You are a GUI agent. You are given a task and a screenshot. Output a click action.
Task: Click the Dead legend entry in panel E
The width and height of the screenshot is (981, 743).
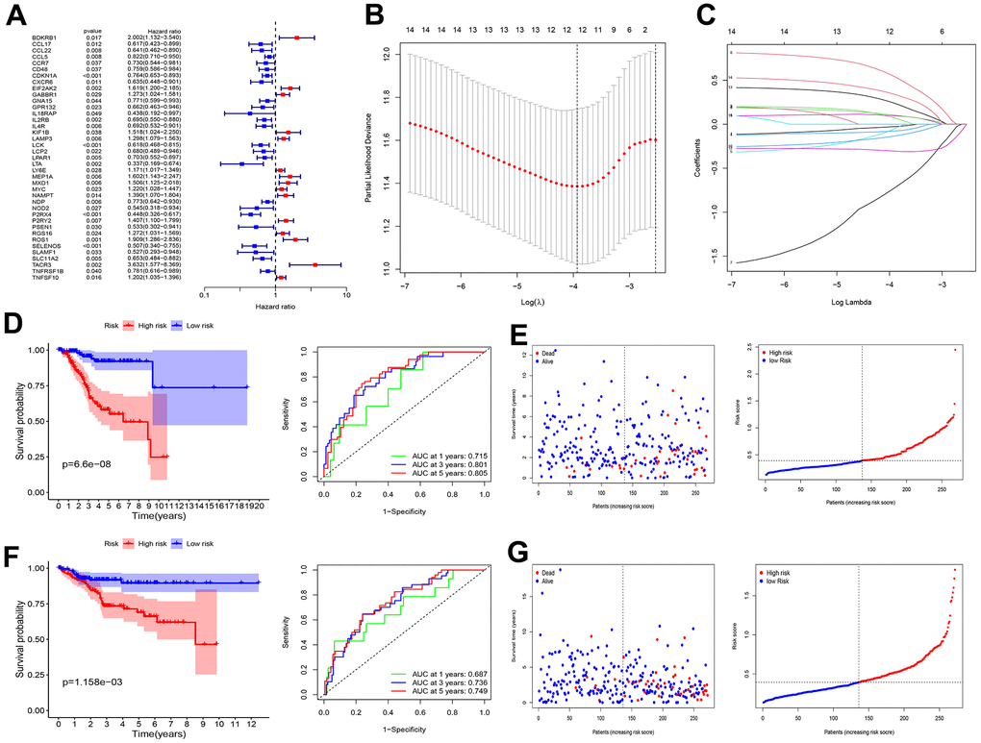pyautogui.click(x=550, y=354)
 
